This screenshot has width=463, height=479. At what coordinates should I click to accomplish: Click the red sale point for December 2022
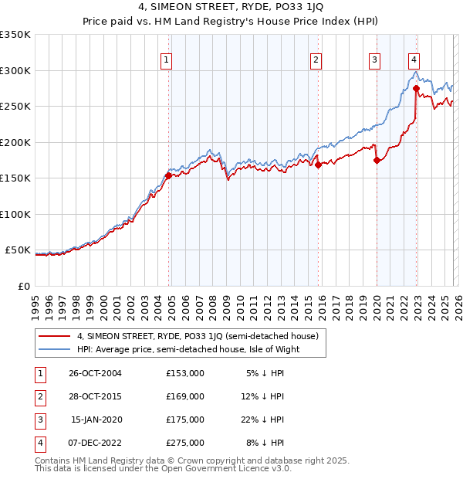coord(416,88)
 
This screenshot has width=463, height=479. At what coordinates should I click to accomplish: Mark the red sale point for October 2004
coord(168,176)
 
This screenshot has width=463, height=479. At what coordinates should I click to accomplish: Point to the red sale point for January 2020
coord(377,161)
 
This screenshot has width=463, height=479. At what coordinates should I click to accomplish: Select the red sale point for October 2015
coord(318,165)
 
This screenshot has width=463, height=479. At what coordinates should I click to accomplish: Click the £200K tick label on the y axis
coord(15,142)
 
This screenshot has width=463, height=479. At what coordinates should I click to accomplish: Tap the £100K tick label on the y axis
coord(15,214)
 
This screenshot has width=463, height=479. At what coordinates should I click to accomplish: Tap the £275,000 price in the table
coord(185,443)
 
